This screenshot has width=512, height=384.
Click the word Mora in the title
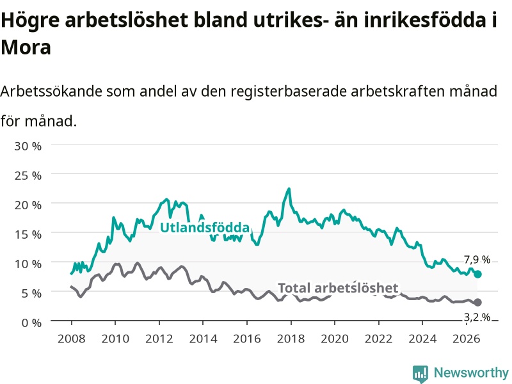click(x=26, y=47)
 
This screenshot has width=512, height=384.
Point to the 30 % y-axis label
click(x=28, y=146)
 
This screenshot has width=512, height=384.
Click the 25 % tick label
click(x=28, y=175)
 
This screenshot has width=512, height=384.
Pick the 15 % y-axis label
click(x=28, y=234)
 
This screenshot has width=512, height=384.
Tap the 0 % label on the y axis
click(x=31, y=323)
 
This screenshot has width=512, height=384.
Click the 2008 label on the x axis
click(x=72, y=339)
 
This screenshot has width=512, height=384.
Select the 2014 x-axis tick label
click(x=203, y=339)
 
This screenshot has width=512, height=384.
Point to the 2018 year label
click(x=291, y=339)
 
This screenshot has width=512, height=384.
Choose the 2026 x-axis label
click(x=467, y=339)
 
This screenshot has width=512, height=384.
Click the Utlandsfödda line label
click(x=205, y=227)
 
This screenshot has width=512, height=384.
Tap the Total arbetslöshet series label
click(x=338, y=288)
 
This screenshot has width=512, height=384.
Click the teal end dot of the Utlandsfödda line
click(x=477, y=274)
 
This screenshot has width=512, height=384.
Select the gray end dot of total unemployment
click(x=477, y=302)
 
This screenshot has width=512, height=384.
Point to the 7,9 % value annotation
click(x=477, y=260)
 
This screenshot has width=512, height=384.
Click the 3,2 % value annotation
click(x=477, y=317)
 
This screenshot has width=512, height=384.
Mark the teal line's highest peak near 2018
click(x=289, y=188)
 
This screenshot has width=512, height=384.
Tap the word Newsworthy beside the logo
click(x=471, y=372)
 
